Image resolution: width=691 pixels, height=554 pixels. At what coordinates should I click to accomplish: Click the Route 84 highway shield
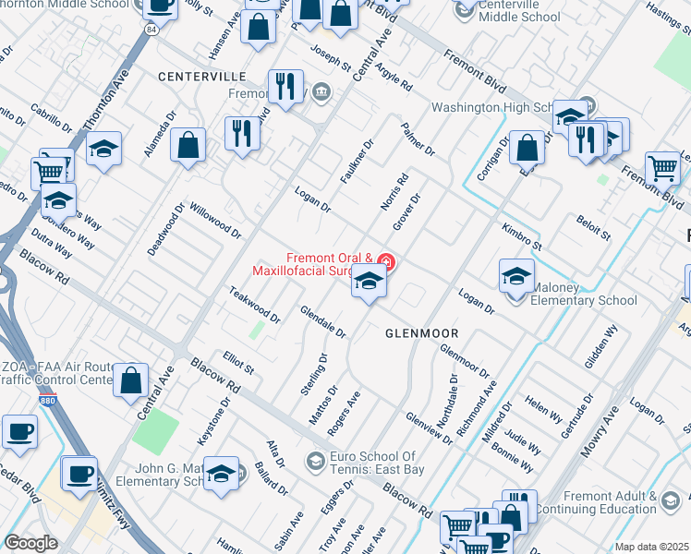pos(151,30)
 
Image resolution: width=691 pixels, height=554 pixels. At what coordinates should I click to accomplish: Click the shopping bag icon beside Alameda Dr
pos(188,146)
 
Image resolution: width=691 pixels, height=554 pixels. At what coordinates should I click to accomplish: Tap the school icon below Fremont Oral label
pos(369,283)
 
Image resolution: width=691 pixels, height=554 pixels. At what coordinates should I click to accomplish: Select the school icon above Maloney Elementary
pos(516,275)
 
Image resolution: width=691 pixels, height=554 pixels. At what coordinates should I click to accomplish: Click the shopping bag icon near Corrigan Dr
pos(526,148)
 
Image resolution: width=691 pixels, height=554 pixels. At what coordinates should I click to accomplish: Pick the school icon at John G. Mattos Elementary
pos(221,475)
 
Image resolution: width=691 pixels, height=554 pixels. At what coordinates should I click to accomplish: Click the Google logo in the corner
pos(30,543)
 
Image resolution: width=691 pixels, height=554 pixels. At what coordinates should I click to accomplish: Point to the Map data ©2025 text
pos(651,547)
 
